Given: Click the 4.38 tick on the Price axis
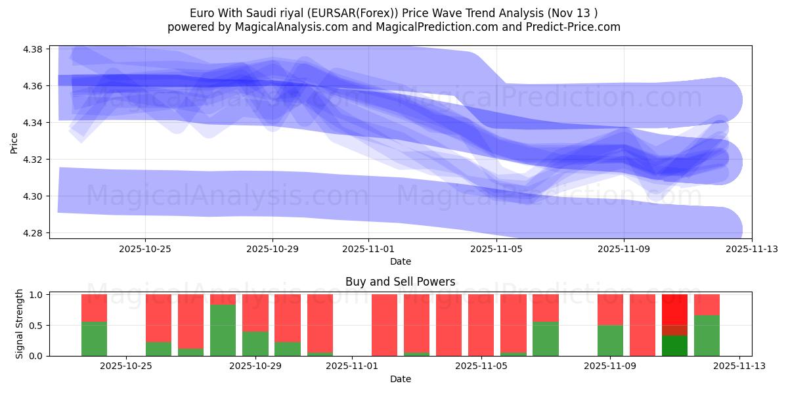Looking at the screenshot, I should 33,49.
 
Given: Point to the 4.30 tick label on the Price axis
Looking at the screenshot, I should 33,196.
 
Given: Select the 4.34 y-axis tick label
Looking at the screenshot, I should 33,123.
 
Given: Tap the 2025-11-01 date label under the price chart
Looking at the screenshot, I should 368,249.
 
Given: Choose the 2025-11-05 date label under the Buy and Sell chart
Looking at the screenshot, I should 481,366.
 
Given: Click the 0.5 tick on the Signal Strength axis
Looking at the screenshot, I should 36,325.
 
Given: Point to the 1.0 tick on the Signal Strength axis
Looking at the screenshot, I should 36,295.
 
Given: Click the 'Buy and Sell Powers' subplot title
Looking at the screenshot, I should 400,282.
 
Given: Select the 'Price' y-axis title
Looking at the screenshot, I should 14,143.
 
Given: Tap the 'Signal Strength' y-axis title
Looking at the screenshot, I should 20,324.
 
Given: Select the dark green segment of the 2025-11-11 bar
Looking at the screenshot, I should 674,346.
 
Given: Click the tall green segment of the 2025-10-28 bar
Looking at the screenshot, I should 223,330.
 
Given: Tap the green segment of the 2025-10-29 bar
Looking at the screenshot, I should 255,343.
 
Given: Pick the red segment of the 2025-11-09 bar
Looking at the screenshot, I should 610,310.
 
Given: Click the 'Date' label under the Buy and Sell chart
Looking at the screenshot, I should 400,379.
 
